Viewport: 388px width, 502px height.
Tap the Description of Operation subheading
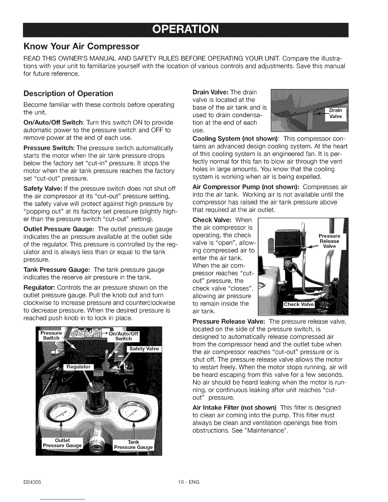pyautogui.click(x=68, y=93)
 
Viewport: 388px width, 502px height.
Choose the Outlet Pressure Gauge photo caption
pyautogui.click(x=62, y=443)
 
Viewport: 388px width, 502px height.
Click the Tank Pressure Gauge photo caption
pyautogui.click(x=133, y=445)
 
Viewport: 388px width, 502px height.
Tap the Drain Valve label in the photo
pyautogui.click(x=336, y=113)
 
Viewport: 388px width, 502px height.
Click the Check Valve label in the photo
pyautogui.click(x=298, y=305)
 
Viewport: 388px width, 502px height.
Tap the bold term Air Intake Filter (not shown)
pyautogui.click(x=235, y=407)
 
